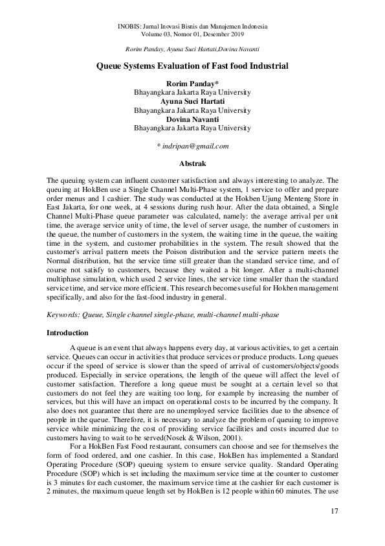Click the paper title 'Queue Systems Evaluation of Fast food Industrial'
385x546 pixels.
click(x=192, y=66)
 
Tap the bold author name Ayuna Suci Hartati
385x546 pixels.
click(x=192, y=102)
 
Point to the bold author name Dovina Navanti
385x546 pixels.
click(x=192, y=119)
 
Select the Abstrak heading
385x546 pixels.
click(x=192, y=164)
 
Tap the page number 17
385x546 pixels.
click(x=333, y=514)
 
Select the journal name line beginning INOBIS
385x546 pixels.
click(x=192, y=27)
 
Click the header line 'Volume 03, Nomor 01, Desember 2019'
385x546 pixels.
click(x=192, y=34)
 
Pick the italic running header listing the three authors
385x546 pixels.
click(x=192, y=49)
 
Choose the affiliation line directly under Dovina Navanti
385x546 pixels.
click(x=192, y=128)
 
